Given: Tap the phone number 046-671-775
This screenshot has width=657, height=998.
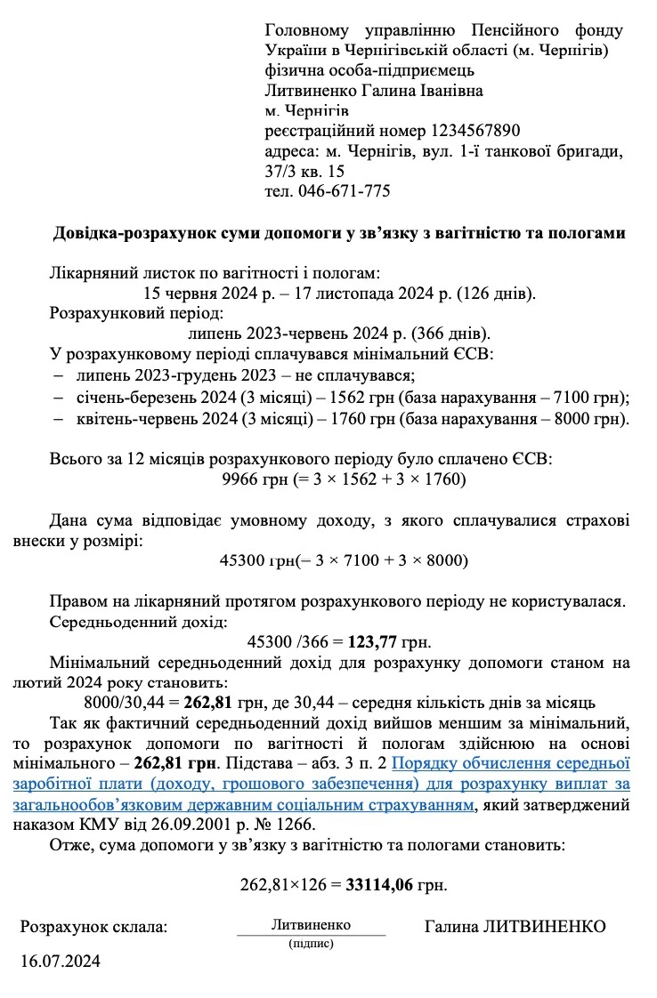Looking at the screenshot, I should click(341, 191).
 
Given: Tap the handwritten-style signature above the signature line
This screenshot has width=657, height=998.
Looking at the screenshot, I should click(311, 925).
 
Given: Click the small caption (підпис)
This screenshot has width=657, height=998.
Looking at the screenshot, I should click(311, 944).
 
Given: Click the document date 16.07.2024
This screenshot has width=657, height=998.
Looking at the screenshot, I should click(61, 961).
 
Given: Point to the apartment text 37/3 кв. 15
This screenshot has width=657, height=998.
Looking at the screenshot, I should click(304, 171).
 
